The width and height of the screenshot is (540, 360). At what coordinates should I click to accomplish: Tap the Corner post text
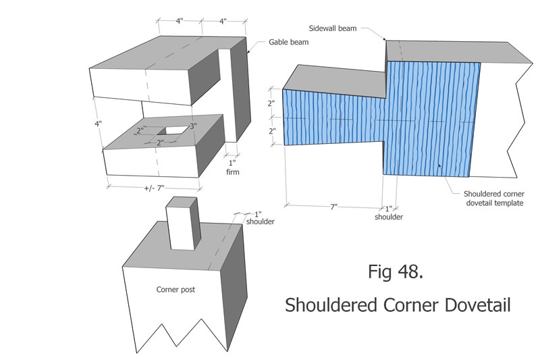175,289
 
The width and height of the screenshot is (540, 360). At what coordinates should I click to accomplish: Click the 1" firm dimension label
233,168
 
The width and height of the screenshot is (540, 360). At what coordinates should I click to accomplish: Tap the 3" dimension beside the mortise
193,126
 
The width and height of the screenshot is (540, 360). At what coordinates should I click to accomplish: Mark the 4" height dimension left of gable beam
98,124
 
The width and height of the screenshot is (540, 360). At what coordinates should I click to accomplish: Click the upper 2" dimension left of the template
271,103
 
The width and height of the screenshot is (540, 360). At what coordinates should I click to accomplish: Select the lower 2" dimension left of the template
271,131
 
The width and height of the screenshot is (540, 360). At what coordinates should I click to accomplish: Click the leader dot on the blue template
439,165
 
